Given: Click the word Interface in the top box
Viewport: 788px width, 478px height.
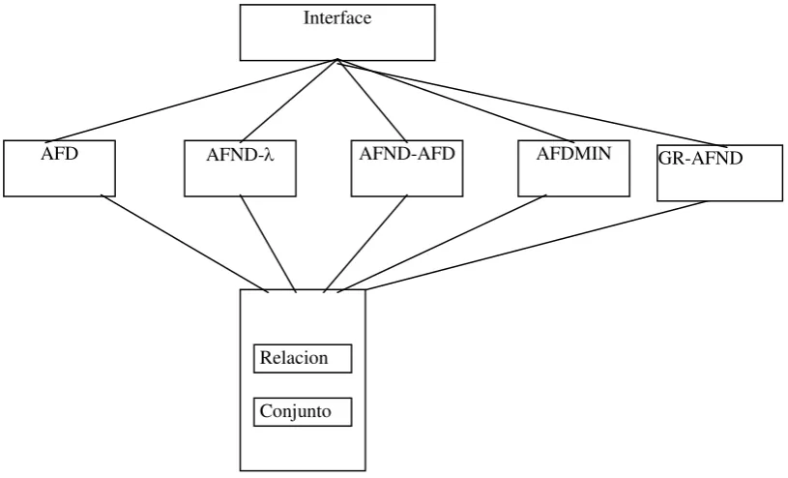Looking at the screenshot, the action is click(x=337, y=17).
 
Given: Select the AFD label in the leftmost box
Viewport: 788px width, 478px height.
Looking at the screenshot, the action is click(x=60, y=154).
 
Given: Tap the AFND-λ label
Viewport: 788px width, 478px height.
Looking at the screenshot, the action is click(x=240, y=155).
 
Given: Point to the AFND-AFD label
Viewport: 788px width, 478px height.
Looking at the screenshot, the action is click(x=406, y=153).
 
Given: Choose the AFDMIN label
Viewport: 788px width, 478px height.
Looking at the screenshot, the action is click(x=573, y=153).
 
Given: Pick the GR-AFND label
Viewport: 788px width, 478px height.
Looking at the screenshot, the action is click(x=700, y=159).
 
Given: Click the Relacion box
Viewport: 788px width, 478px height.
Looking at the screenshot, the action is click(x=303, y=358).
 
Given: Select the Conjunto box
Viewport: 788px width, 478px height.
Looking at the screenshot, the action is click(x=303, y=411).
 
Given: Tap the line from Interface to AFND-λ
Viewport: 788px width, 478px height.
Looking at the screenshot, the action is click(x=289, y=101).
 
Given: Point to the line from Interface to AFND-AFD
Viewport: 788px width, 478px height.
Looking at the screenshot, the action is click(x=372, y=101).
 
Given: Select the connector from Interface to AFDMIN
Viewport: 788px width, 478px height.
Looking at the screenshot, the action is click(x=455, y=101).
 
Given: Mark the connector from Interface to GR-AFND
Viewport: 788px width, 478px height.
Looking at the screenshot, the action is click(x=532, y=103).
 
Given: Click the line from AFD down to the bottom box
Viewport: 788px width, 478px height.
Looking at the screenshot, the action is click(x=185, y=244).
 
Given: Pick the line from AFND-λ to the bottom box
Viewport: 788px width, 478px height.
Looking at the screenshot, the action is click(x=269, y=244).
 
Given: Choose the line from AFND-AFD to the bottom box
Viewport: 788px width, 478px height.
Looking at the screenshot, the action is click(x=365, y=244).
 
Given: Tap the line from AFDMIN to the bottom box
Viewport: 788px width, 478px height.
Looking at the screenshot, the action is click(x=442, y=244).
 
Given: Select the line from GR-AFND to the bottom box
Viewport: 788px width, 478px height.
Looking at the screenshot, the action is click(x=537, y=246).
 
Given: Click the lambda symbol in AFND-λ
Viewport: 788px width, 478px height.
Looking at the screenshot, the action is click(x=270, y=155).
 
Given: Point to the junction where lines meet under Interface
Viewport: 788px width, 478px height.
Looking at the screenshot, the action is click(x=337, y=60).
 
